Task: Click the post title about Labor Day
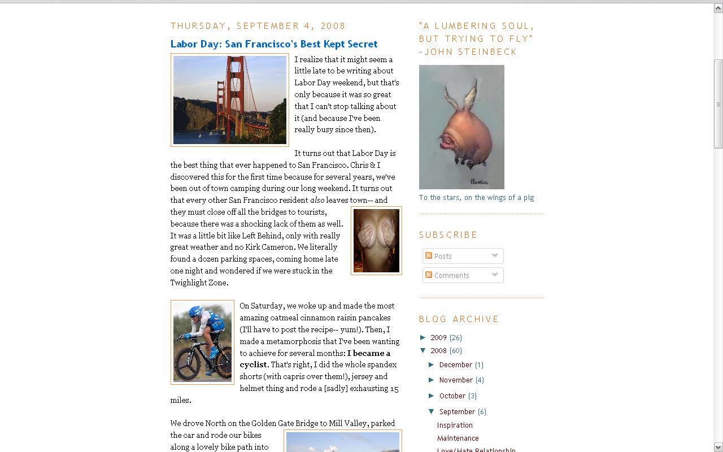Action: (x=274, y=44)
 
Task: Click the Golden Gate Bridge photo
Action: (x=230, y=100)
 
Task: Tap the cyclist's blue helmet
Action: (x=195, y=311)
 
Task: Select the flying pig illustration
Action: (x=461, y=127)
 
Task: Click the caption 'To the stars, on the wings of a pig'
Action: (x=476, y=198)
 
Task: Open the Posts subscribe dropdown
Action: (x=463, y=256)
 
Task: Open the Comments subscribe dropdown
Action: (x=463, y=275)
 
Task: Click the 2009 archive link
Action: (x=438, y=338)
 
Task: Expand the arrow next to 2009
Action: (x=424, y=337)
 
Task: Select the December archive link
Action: (x=455, y=365)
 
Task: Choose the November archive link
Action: (x=456, y=380)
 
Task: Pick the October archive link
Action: (x=452, y=396)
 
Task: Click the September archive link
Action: (x=457, y=412)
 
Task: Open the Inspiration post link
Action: (x=455, y=425)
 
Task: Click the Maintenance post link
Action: (x=458, y=438)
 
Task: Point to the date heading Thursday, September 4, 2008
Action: (x=258, y=26)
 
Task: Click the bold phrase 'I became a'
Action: (x=369, y=353)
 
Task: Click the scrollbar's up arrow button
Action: (x=718, y=8)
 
